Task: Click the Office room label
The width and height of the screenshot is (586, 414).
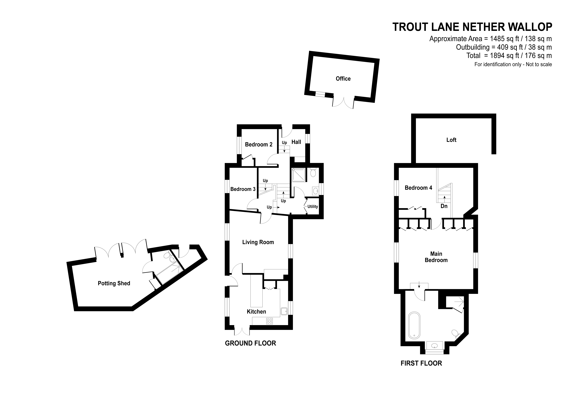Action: pyautogui.click(x=343, y=79)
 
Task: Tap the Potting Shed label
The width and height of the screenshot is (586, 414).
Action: pyautogui.click(x=114, y=283)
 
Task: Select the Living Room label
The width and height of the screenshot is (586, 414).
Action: pyautogui.click(x=258, y=242)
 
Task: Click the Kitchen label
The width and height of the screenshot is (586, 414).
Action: pyautogui.click(x=256, y=311)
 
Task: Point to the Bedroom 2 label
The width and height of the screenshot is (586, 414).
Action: pyautogui.click(x=259, y=145)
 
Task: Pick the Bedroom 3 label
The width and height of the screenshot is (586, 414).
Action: pyautogui.click(x=243, y=189)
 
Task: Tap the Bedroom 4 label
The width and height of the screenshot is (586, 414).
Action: pyautogui.click(x=418, y=188)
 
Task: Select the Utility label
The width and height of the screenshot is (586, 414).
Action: pyautogui.click(x=312, y=207)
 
